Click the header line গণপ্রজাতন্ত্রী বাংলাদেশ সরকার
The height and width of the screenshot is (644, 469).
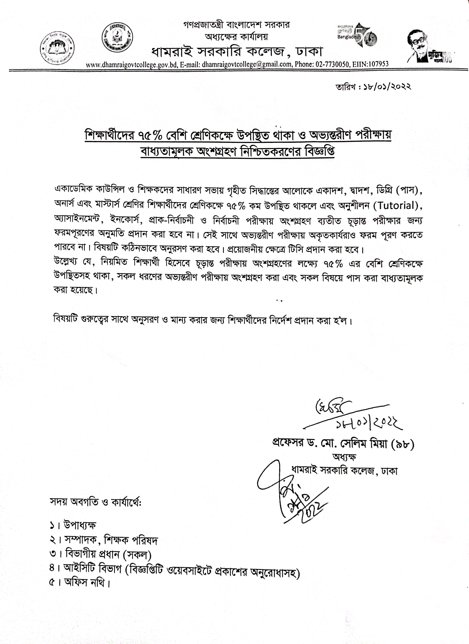(x=236, y=25)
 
